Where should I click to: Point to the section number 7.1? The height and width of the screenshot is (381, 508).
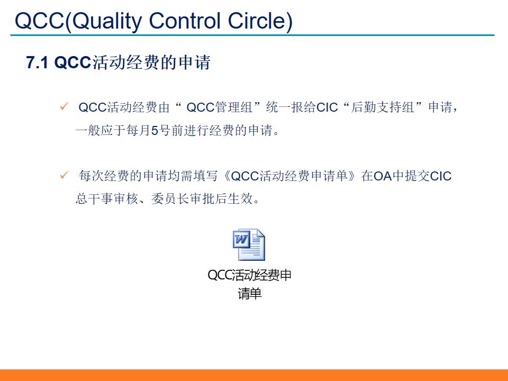click(x=38, y=63)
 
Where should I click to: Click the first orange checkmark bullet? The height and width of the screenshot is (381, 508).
click(x=63, y=107)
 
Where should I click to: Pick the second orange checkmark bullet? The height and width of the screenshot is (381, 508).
click(x=63, y=175)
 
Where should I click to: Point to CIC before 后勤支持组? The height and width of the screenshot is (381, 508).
click(x=327, y=108)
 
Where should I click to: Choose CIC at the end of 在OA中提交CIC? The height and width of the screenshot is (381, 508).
click(x=440, y=176)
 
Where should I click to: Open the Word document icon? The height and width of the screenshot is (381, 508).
click(x=249, y=245)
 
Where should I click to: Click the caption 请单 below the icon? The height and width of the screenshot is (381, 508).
click(x=250, y=294)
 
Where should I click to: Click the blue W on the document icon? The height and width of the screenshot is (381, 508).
click(x=241, y=240)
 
